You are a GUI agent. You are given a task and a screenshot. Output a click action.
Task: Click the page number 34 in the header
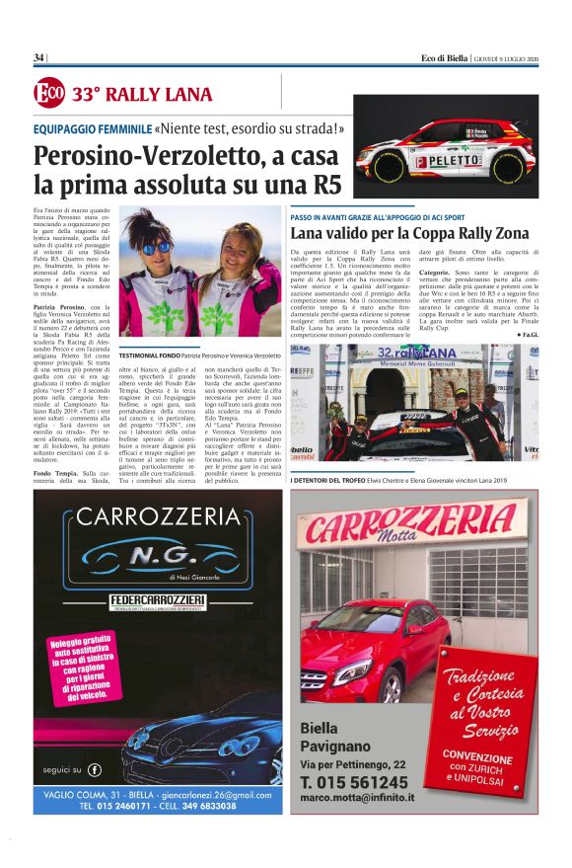coord(38,57)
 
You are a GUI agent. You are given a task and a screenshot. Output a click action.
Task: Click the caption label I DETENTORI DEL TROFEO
coord(334,479)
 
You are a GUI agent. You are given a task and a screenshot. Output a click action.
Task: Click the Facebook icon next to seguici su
coord(95,768)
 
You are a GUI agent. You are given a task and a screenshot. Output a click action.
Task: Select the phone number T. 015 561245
coord(360,781)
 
